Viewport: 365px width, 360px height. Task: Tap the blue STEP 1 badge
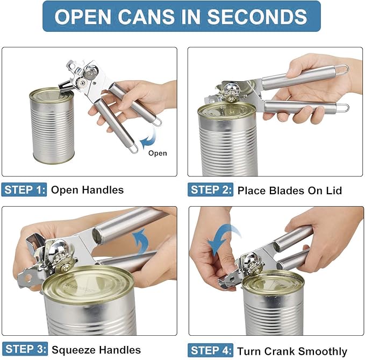coord(24,189)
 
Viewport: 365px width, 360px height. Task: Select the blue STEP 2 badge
coord(211,189)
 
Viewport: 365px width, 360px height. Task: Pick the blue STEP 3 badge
coord(24,349)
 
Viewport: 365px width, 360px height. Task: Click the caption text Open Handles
coord(87,189)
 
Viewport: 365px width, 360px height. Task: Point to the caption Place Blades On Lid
coord(290,190)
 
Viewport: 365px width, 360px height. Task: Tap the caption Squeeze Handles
coord(96,350)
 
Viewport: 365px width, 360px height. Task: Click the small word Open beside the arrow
coord(158,153)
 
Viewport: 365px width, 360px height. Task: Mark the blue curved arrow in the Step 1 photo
coord(145,143)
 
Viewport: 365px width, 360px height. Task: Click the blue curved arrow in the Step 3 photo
coord(141,241)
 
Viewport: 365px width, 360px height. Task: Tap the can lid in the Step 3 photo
coord(89,284)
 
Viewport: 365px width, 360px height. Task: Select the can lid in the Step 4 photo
coord(273,282)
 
